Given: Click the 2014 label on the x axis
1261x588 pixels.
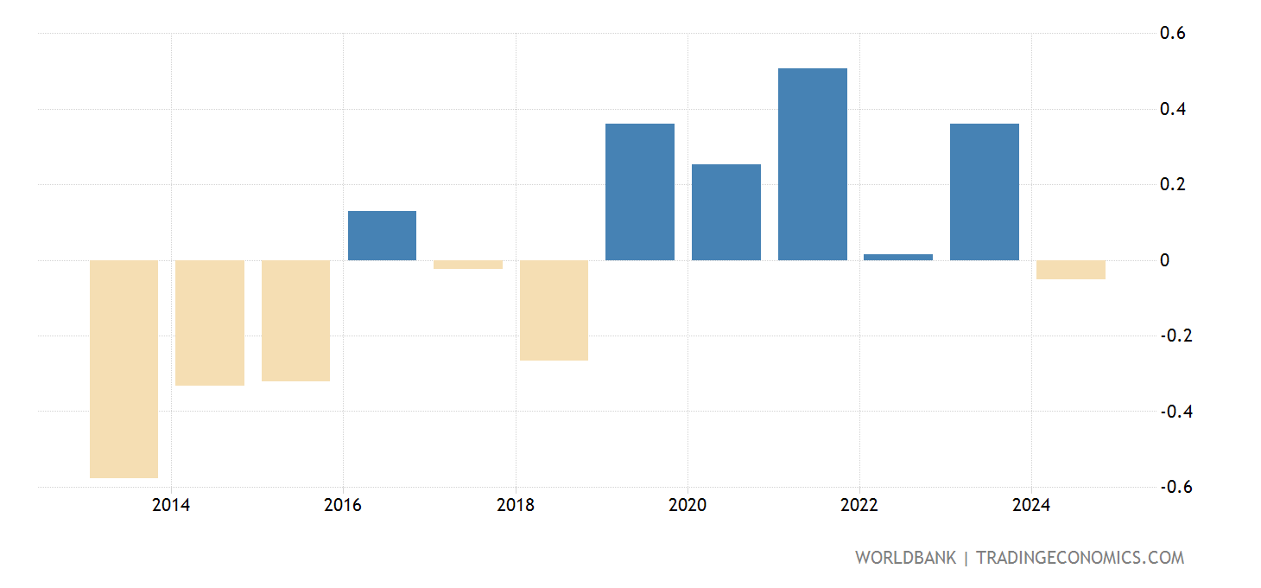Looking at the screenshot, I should click(171, 506).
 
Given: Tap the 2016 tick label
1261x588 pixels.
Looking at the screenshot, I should click(343, 506).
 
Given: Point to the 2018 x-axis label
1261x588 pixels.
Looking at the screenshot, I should click(515, 506).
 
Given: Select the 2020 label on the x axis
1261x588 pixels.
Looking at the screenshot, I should click(688, 506).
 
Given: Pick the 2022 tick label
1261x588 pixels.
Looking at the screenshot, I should click(859, 506).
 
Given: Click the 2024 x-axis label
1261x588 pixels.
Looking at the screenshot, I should click(1031, 506).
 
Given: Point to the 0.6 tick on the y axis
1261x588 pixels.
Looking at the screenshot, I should click(1172, 34).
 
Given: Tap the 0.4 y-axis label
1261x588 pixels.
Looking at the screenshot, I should click(1172, 109).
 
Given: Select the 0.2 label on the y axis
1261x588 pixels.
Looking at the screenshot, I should click(1172, 185).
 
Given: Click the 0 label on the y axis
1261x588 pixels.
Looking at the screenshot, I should click(1164, 260).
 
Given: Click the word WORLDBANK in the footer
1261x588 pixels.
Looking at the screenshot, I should click(905, 558).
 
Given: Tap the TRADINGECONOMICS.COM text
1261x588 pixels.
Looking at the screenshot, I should click(1080, 558).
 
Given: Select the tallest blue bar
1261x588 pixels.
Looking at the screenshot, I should click(812, 164).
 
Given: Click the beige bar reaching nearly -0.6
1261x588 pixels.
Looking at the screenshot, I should click(124, 369).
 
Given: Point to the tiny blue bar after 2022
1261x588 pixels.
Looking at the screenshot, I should click(898, 257).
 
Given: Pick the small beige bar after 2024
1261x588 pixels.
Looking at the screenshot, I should click(1070, 270).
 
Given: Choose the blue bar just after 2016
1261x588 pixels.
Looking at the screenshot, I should click(382, 235).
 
